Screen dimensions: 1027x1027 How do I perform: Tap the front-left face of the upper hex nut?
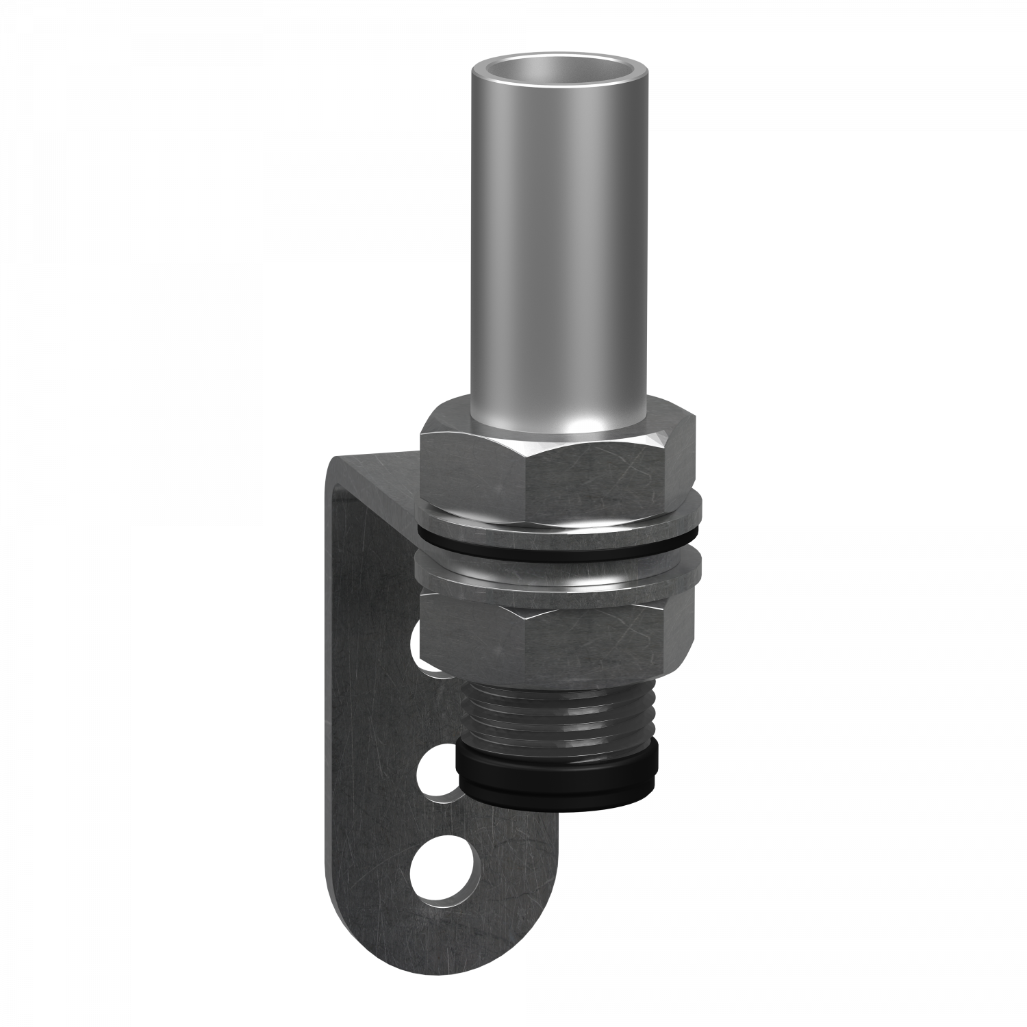472,472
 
